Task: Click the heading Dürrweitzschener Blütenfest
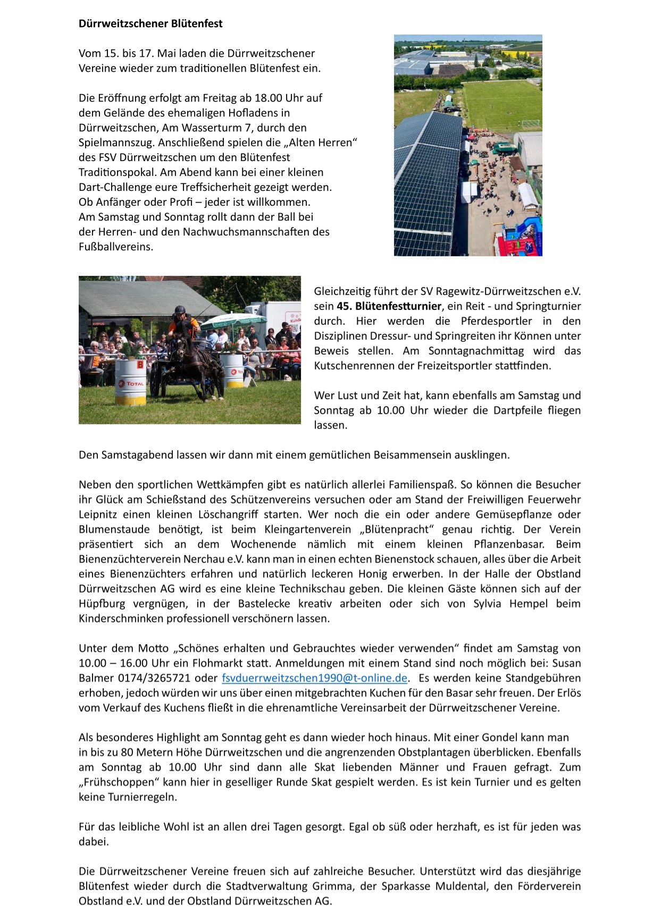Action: coord(150,23)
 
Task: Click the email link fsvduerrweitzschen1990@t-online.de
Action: coord(314,678)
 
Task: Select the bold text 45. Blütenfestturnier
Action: coord(389,306)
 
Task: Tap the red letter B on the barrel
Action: coord(140,365)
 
